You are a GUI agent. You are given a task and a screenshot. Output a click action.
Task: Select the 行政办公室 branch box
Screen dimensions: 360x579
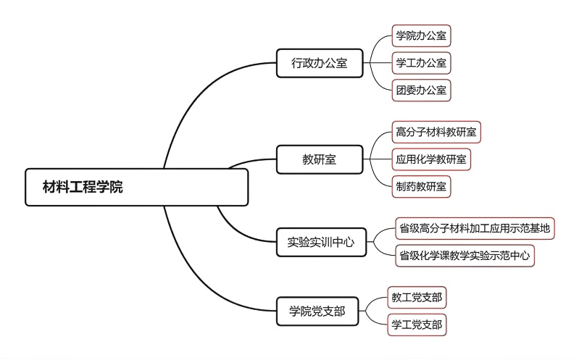point(320,63)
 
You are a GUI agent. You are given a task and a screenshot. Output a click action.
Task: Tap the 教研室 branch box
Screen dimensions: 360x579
point(320,159)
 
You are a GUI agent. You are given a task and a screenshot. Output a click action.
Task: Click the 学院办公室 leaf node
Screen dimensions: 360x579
point(420,35)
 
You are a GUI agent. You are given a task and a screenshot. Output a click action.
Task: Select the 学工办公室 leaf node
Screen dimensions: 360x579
point(420,63)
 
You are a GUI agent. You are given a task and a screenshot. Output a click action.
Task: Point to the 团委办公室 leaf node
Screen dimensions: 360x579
point(420,91)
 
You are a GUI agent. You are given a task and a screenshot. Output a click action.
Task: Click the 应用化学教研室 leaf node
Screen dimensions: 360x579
point(431,158)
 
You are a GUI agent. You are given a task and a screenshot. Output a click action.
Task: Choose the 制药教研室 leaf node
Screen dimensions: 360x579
point(420,185)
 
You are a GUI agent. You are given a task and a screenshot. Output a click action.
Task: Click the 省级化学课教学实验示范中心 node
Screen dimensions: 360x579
point(465,255)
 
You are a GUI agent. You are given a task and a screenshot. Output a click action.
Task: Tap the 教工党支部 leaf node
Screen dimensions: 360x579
point(417,297)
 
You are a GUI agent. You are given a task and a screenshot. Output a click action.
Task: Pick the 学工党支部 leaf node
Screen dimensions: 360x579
point(417,325)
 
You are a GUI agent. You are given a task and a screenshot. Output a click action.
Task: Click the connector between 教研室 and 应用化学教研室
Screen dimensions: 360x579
point(377,159)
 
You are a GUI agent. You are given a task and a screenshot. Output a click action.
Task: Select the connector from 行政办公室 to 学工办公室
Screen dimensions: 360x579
point(377,63)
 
